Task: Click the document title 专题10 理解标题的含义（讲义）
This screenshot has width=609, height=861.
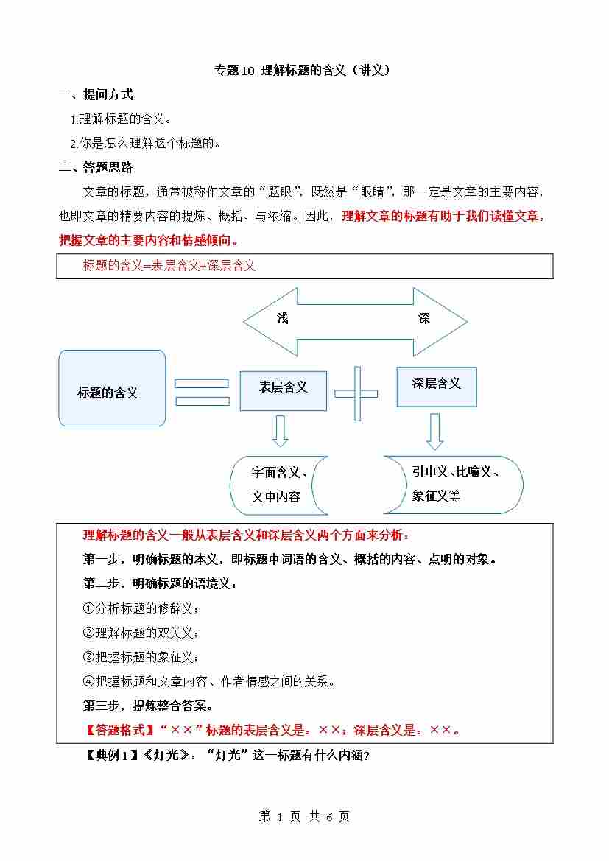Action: click(x=301, y=71)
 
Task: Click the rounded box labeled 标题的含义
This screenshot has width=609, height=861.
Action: click(x=112, y=388)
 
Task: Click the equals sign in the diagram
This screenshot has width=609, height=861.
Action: click(x=202, y=391)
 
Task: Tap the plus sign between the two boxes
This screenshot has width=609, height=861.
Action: click(x=356, y=393)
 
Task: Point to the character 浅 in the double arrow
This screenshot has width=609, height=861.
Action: click(x=283, y=318)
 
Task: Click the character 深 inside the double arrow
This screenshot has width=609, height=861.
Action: click(x=423, y=318)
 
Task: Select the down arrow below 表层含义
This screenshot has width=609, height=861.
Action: click(x=280, y=431)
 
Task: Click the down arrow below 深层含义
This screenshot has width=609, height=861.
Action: click(x=434, y=431)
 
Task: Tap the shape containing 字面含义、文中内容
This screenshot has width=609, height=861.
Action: click(x=278, y=485)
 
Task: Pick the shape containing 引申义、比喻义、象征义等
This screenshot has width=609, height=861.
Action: click(x=454, y=484)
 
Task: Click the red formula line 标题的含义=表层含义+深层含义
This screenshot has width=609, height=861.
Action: click(x=169, y=267)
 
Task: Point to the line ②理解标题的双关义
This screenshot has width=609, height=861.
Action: click(x=141, y=633)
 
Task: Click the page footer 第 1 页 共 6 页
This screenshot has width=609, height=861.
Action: click(x=304, y=816)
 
